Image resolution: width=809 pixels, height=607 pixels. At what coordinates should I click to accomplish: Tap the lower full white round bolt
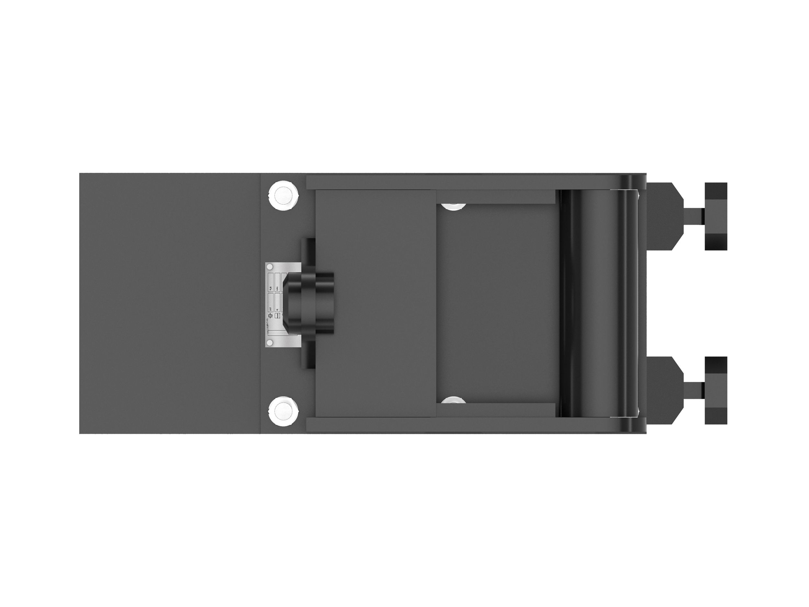[283, 410]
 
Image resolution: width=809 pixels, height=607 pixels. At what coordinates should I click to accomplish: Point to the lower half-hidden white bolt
[453, 399]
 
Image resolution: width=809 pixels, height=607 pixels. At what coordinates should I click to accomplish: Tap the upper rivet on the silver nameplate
[270, 266]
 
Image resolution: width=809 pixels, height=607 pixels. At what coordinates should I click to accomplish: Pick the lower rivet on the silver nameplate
[270, 343]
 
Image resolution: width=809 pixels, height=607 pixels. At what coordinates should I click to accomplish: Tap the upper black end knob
[716, 216]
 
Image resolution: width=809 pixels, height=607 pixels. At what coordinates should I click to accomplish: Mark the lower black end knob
[716, 390]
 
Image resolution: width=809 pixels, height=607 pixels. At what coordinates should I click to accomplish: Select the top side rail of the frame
[461, 182]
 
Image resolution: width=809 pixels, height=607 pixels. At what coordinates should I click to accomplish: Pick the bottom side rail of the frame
[461, 424]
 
